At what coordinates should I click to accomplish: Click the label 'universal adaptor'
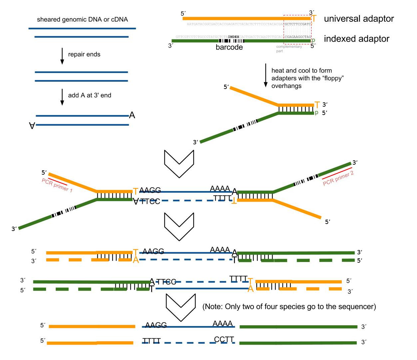point(359,19)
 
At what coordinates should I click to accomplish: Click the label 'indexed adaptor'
point(356,39)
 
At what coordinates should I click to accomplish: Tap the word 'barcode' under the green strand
point(229,47)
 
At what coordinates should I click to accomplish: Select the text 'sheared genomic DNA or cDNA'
point(82,19)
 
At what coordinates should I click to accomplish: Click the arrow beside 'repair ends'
point(62,56)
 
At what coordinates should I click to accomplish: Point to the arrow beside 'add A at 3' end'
point(62,97)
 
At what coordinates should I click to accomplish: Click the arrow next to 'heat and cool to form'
point(266,75)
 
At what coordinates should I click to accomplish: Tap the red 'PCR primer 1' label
point(57,185)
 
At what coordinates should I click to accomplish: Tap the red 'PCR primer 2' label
point(338,178)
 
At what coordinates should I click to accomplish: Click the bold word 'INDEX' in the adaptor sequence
point(234,37)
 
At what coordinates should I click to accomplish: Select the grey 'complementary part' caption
point(289,49)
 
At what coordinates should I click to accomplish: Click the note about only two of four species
point(289,307)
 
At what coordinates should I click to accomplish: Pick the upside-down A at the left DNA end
point(32,126)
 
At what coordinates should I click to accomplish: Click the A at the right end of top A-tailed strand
point(132,115)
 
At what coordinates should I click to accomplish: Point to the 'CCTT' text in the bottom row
point(224,339)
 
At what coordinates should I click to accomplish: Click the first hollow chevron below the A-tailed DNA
point(179,163)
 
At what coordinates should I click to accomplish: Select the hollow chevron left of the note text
point(180,307)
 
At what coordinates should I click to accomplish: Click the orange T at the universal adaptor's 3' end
point(314,18)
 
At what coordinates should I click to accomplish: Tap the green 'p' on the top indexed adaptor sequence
point(313,40)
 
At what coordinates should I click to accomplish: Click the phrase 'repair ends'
point(84,54)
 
